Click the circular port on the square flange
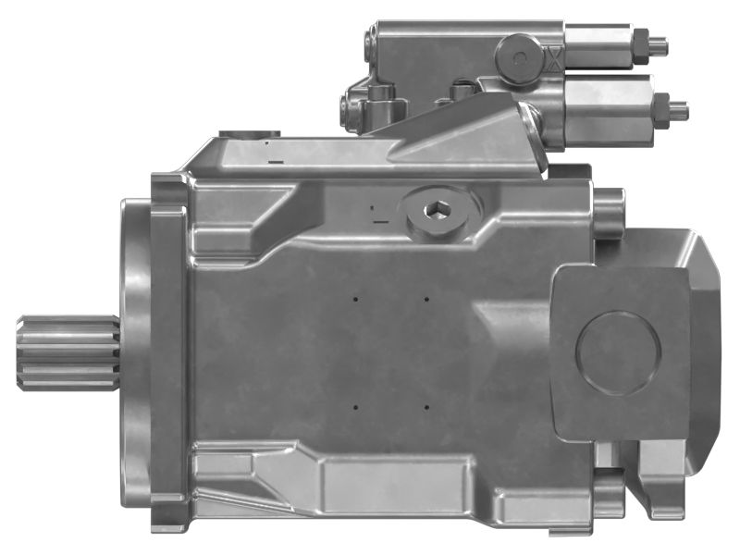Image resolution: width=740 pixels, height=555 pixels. (x=618, y=352)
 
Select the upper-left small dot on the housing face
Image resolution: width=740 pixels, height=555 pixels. (x=355, y=299)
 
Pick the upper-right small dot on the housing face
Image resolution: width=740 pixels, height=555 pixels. (x=426, y=299)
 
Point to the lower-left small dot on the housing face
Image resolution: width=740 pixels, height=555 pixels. (x=355, y=405)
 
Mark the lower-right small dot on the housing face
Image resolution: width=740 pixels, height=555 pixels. (x=426, y=405)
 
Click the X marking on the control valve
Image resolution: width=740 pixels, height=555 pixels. (x=553, y=62)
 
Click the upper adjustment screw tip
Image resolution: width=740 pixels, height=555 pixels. (x=660, y=43)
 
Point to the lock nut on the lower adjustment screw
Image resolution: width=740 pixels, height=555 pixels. (x=660, y=109)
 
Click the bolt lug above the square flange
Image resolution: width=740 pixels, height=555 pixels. (x=608, y=213)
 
